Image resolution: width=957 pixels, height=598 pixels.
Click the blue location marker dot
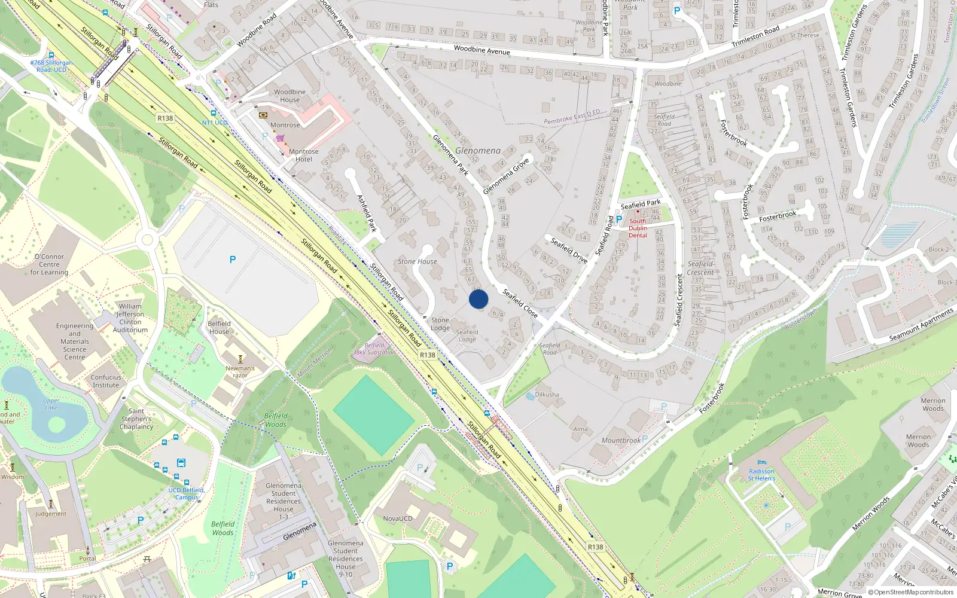(478, 299)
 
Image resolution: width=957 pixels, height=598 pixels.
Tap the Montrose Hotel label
(304, 155)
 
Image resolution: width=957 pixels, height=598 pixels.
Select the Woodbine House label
(290, 96)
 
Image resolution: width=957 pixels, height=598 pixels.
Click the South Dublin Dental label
(638, 228)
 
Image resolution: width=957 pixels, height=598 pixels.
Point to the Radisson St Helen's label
(761, 475)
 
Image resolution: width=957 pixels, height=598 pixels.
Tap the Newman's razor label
(240, 371)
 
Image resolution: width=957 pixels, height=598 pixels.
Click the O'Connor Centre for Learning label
(49, 264)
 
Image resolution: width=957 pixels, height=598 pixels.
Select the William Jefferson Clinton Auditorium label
(130, 318)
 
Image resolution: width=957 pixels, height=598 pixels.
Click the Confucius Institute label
(106, 381)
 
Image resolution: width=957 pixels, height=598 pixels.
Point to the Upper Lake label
(51, 404)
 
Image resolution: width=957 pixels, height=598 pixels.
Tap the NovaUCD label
(398, 518)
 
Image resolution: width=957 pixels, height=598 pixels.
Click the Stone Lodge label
(440, 324)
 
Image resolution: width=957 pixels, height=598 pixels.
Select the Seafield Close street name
(520, 303)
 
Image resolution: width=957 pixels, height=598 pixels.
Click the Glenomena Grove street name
(506, 176)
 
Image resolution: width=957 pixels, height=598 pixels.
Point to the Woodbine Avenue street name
(482, 51)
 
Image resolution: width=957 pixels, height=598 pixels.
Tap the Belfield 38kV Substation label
(374, 349)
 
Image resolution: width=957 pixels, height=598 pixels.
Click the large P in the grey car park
(233, 260)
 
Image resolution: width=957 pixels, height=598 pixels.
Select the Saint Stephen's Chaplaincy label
(136, 419)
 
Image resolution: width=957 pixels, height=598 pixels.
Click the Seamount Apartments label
(921, 325)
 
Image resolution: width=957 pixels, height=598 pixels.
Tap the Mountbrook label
(621, 441)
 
